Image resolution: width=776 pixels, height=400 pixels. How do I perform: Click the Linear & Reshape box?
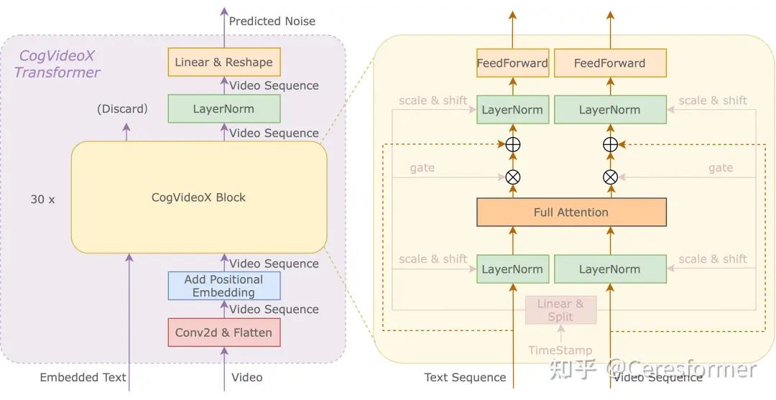coord(223,62)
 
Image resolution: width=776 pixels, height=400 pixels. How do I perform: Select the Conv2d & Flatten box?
coord(223,332)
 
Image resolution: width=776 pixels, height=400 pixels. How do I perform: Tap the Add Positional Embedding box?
coord(223,286)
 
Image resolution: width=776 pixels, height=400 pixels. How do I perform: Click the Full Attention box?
coord(571,213)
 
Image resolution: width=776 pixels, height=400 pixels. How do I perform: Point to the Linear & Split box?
coord(560,310)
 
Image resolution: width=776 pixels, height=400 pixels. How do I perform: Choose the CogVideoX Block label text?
coord(198,197)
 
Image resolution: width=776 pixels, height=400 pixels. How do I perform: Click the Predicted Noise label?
coord(272,22)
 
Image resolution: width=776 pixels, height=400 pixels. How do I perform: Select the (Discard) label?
coord(122,109)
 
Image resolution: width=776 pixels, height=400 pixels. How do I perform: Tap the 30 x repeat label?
coord(42,200)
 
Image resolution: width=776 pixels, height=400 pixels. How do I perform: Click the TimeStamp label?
coord(560,350)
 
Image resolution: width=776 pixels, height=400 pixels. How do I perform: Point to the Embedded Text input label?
coord(83,377)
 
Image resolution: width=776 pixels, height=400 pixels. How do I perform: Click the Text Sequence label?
coord(465,377)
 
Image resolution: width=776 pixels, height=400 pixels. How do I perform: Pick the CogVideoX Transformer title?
coord(57,64)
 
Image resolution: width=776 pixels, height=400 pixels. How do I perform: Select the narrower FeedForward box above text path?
coord(512,63)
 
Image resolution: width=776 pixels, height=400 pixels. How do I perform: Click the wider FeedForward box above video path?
coord(610,63)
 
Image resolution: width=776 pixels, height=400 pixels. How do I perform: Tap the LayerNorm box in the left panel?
coord(223,109)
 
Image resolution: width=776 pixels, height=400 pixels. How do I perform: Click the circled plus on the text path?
coord(513,144)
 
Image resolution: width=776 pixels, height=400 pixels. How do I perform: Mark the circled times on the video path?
coord(610,177)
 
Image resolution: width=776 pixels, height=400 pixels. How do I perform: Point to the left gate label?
coord(422,168)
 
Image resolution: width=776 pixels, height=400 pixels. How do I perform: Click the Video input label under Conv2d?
coord(246,377)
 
